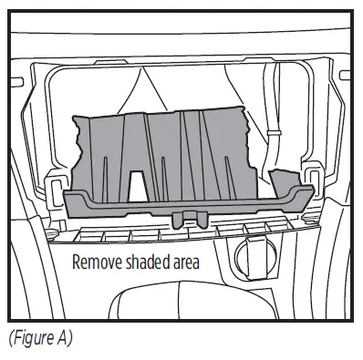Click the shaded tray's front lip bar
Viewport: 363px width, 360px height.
point(182,204)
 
